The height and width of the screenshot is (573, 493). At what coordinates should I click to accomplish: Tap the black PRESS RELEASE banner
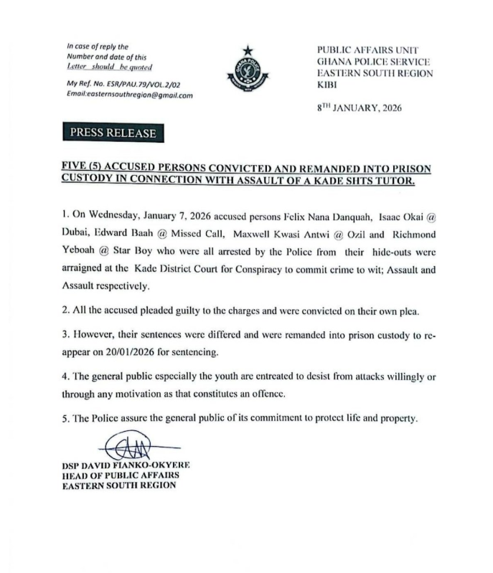point(112,133)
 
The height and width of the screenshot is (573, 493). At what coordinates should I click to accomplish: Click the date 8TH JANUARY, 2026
point(359,108)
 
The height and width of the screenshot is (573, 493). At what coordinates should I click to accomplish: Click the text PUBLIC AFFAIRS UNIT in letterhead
point(359,49)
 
